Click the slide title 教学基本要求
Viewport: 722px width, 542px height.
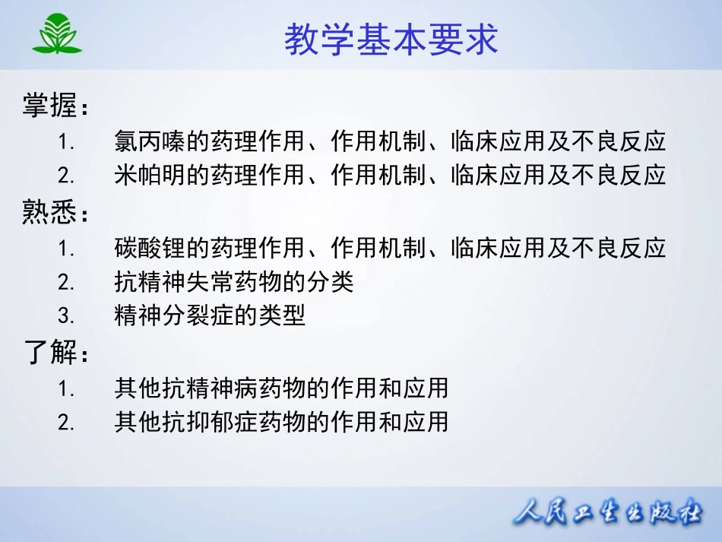[x=391, y=40]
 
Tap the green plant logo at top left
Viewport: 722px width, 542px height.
[x=57, y=34]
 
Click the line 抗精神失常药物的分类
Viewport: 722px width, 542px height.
[x=234, y=283]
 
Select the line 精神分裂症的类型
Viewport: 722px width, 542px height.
[x=210, y=315]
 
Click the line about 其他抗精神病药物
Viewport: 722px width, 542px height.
[x=281, y=388]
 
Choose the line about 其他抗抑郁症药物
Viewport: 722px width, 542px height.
[x=281, y=421]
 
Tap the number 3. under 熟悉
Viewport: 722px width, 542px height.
[x=66, y=315]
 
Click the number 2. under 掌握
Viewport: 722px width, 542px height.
[x=66, y=176]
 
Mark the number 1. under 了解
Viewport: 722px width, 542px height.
[x=66, y=388]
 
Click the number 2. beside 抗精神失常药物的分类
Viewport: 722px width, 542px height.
[x=66, y=283]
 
